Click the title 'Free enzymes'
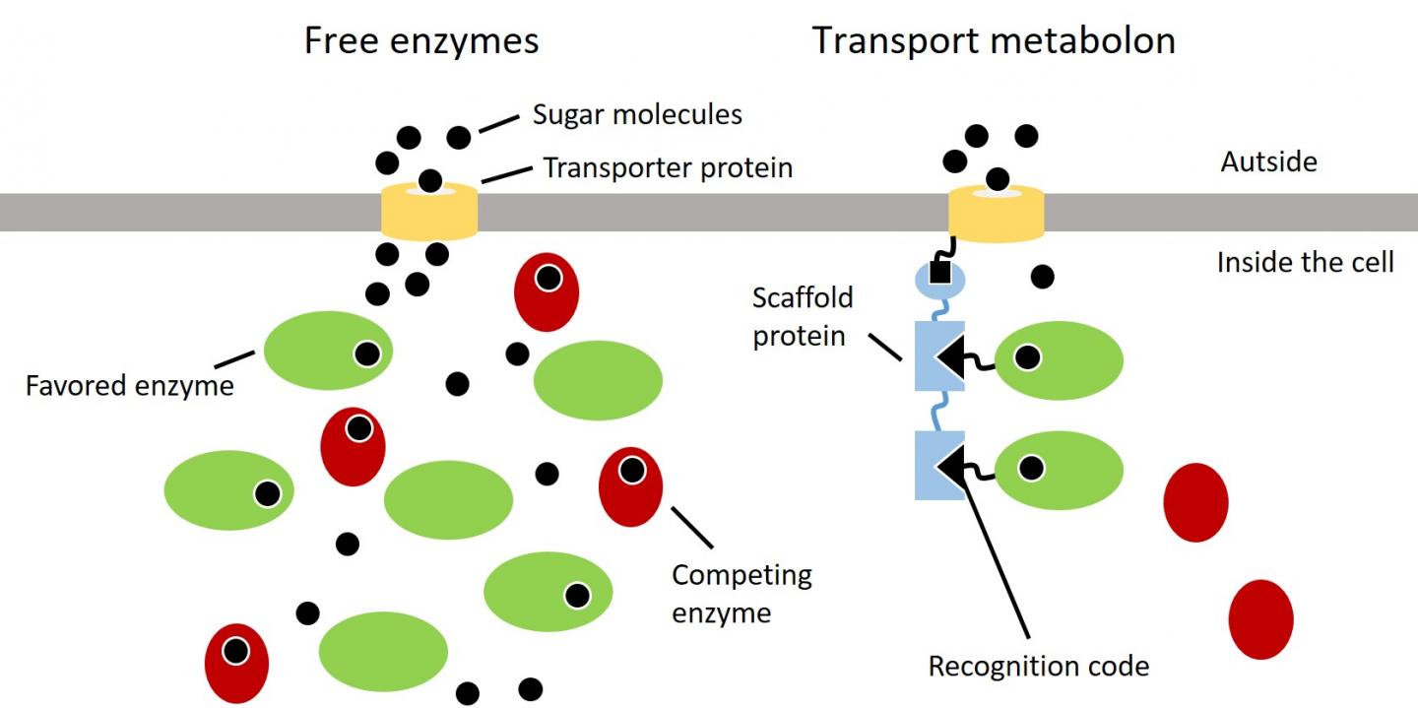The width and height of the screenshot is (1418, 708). (x=421, y=41)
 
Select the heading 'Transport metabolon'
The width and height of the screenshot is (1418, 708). (x=993, y=41)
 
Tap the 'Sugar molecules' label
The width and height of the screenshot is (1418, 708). (x=637, y=114)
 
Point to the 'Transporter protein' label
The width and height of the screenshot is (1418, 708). (x=668, y=167)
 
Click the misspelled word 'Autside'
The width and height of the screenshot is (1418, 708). (x=1268, y=161)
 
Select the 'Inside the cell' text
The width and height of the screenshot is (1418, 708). (x=1305, y=262)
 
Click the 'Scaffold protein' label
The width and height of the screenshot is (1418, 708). (x=802, y=316)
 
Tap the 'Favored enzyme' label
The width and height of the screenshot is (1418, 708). (x=130, y=384)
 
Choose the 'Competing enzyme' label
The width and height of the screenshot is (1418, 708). (x=741, y=593)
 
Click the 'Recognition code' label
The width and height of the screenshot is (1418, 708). (x=1039, y=667)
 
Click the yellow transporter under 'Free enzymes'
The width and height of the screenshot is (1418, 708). (x=429, y=211)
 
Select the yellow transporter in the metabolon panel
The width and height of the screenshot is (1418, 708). (x=996, y=211)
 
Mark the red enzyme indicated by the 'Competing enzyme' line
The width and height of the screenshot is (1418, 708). (x=630, y=485)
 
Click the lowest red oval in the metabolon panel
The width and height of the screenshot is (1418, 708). (x=1260, y=618)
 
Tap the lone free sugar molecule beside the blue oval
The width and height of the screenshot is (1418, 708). (x=1042, y=277)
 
